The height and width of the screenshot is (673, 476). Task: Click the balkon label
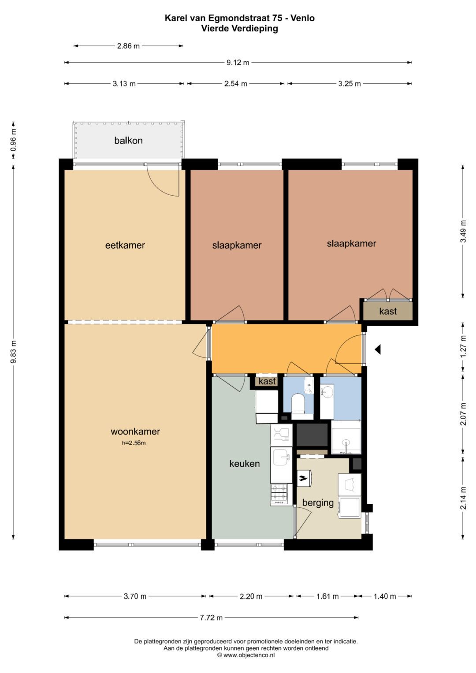pyautogui.click(x=128, y=141)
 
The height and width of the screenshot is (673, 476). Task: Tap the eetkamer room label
pyautogui.click(x=125, y=245)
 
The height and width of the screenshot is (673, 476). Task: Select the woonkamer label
pyautogui.click(x=135, y=432)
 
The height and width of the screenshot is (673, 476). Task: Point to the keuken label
pyautogui.click(x=245, y=464)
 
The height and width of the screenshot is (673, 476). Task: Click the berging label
pyautogui.click(x=318, y=503)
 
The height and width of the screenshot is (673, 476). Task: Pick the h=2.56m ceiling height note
pyautogui.click(x=134, y=443)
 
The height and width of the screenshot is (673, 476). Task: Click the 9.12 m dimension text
pyautogui.click(x=238, y=63)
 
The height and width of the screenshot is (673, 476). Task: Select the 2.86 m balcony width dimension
pyautogui.click(x=128, y=46)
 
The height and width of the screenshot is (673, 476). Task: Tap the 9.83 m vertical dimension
pyautogui.click(x=13, y=352)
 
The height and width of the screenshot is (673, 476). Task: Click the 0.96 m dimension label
pyautogui.click(x=13, y=140)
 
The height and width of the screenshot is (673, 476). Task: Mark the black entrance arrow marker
pyautogui.click(x=378, y=350)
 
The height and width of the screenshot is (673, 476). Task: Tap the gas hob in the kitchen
pyautogui.click(x=281, y=494)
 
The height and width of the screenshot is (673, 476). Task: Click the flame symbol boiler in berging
pyautogui.click(x=304, y=478)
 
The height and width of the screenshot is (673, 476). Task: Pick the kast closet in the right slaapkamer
pyautogui.click(x=388, y=311)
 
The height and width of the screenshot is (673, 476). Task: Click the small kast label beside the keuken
pyautogui.click(x=267, y=382)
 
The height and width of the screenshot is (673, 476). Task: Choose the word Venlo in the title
pyautogui.click(x=303, y=18)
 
